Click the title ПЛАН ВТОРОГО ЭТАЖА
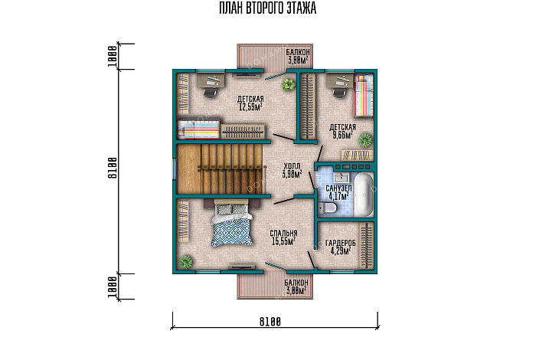click(x=268, y=8)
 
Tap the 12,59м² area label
click(x=250, y=107)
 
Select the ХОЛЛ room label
click(x=292, y=166)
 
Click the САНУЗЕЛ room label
click(x=338, y=188)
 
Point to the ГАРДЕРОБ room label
click(x=341, y=243)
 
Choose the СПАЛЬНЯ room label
click(x=284, y=234)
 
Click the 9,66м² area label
click(x=342, y=135)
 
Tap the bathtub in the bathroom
click(x=364, y=195)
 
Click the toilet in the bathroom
click(x=328, y=208)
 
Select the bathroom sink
click(x=341, y=177)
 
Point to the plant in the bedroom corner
click(x=186, y=262)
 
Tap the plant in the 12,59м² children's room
click(x=288, y=84)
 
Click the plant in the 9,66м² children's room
click(x=365, y=140)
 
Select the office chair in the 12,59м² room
click(x=211, y=92)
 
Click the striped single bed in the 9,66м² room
click(x=364, y=96)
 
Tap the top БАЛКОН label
click(x=298, y=52)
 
